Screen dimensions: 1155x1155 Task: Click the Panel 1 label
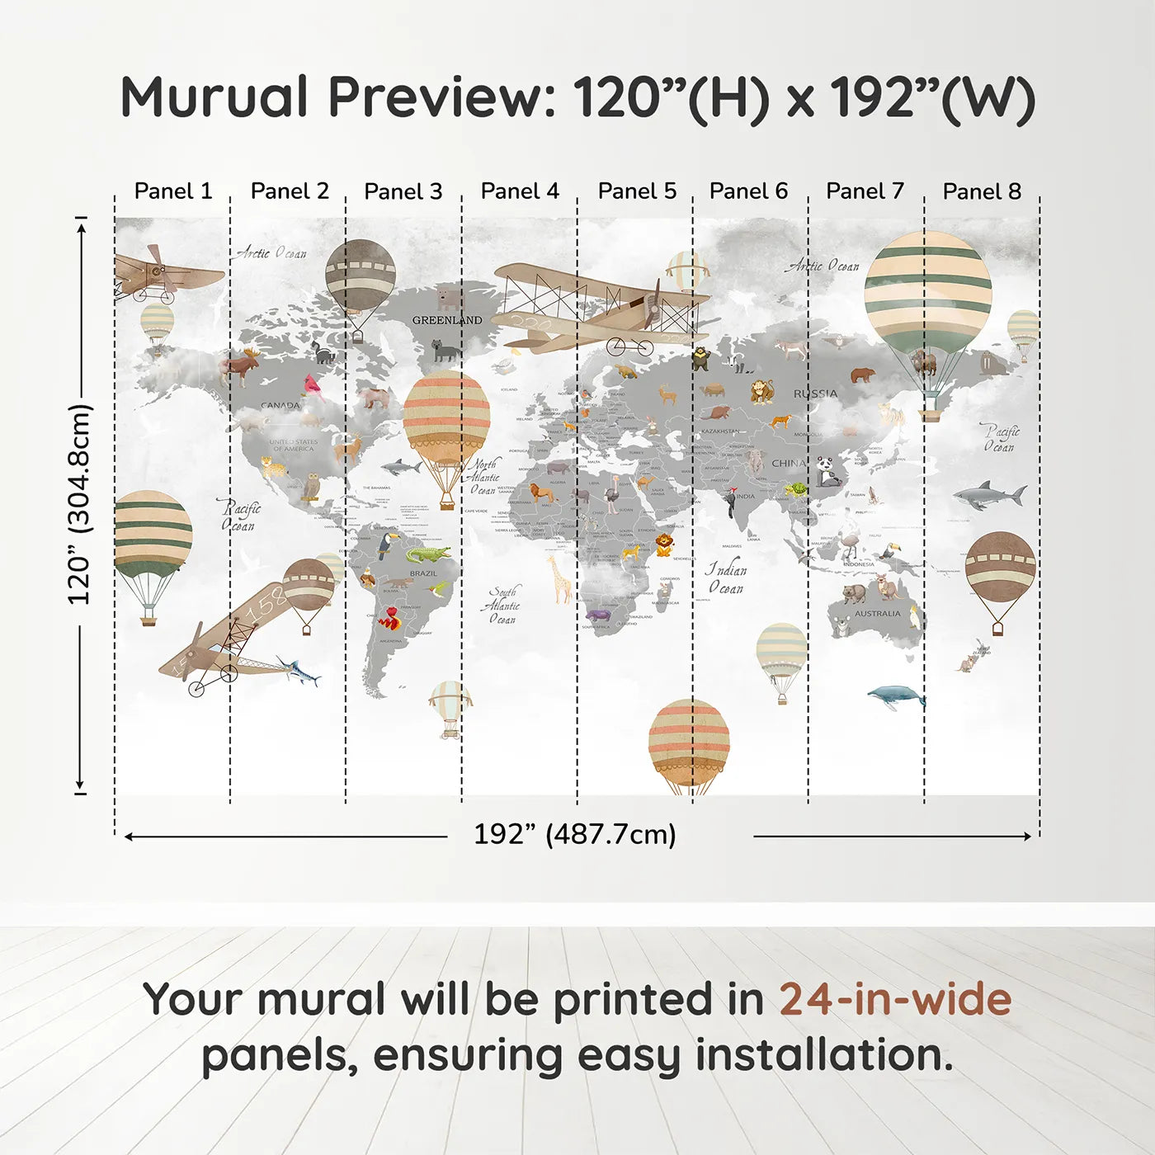pyautogui.click(x=172, y=191)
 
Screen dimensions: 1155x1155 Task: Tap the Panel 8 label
pyautogui.click(x=982, y=191)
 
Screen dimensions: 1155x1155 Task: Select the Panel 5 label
pyautogui.click(x=637, y=191)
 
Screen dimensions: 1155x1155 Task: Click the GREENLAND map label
pyautogui.click(x=447, y=320)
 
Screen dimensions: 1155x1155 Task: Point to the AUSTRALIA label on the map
pyautogui.click(x=877, y=614)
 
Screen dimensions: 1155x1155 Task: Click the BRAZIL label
pyautogui.click(x=423, y=573)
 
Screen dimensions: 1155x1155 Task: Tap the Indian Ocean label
pyautogui.click(x=726, y=578)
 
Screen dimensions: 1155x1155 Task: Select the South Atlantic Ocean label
pyautogui.click(x=502, y=606)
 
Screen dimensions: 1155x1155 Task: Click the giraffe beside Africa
pyautogui.click(x=560, y=578)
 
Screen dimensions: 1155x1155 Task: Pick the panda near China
pyautogui.click(x=827, y=472)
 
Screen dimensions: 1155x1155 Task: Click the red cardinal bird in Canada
pyautogui.click(x=313, y=385)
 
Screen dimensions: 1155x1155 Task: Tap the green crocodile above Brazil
pyautogui.click(x=427, y=554)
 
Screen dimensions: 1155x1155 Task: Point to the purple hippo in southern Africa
pyautogui.click(x=596, y=615)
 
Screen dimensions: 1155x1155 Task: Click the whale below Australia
pyautogui.click(x=897, y=697)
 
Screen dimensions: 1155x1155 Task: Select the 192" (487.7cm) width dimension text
pyautogui.click(x=574, y=834)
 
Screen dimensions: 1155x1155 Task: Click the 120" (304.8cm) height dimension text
pyautogui.click(x=79, y=504)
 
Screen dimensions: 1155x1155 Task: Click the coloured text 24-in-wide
pyautogui.click(x=895, y=999)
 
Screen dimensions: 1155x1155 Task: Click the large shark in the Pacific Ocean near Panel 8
pyautogui.click(x=990, y=495)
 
